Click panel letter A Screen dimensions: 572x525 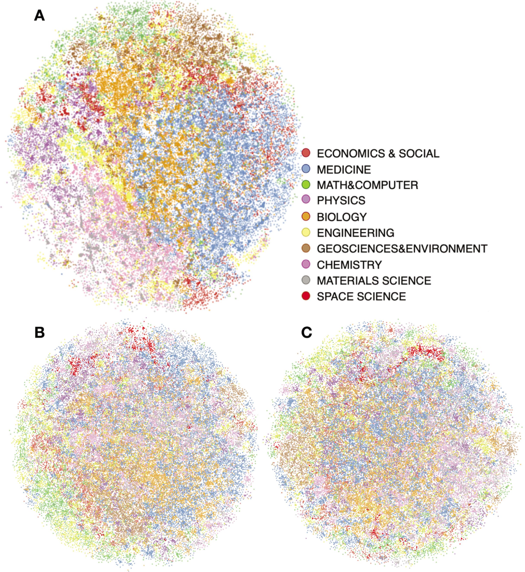coord(40,15)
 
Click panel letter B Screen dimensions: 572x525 coord(40,332)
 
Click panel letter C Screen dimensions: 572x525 coord(307,332)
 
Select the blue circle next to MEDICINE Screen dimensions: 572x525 coord(306,169)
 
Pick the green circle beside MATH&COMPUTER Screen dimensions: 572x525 coord(306,185)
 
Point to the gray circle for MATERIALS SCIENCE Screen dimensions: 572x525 coord(306,280)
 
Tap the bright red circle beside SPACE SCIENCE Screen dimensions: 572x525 coord(306,296)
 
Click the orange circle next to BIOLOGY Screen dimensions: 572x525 coord(306,217)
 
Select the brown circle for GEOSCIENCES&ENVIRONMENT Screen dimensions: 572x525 coord(306,249)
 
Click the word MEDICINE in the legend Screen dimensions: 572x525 coord(344,170)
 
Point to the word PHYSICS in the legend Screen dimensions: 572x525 coord(341,200)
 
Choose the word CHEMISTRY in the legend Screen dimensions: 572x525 coord(349,265)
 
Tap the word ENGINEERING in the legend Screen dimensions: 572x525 coord(355,233)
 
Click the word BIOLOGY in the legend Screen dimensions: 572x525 coord(342,217)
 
